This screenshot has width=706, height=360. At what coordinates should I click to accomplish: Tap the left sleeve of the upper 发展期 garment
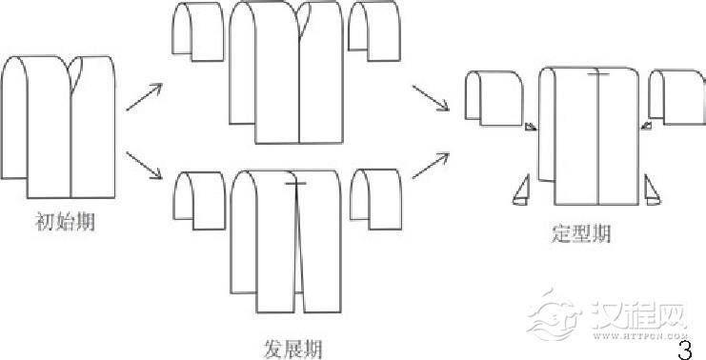click(198, 31)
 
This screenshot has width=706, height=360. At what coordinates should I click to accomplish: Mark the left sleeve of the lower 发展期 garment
click(197, 199)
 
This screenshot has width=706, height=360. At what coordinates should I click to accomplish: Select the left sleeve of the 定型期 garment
click(494, 98)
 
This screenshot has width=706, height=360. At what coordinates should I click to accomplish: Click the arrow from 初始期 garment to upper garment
click(145, 95)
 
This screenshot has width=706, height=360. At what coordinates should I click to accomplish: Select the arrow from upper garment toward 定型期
click(431, 98)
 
